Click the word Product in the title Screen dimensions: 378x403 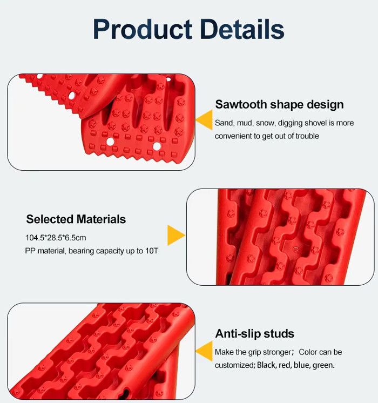[143, 29]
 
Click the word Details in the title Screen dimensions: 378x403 [242, 29]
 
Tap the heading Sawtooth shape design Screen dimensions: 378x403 [279, 105]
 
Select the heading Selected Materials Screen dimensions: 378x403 [76, 219]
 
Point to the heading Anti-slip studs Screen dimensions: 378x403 [255, 334]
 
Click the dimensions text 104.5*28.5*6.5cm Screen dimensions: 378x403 [56, 238]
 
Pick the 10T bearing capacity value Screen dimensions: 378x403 [152, 251]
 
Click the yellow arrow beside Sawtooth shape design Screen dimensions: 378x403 [204, 120]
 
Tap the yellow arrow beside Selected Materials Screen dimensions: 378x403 [176, 235]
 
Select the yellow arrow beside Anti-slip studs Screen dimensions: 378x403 [204, 351]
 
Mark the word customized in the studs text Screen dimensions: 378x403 [234, 365]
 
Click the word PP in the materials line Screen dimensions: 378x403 [30, 251]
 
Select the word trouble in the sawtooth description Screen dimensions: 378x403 [307, 136]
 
